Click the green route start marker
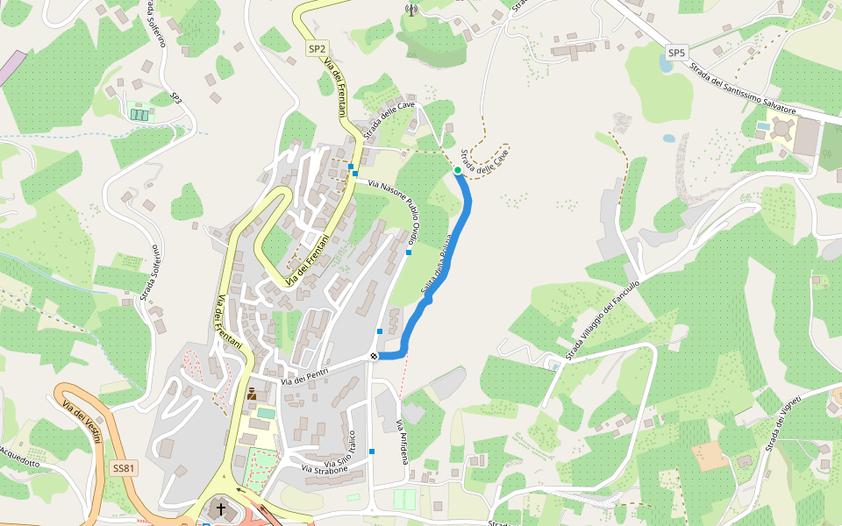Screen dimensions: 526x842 point(458,170)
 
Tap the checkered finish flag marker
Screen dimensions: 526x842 point(375,355)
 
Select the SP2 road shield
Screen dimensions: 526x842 point(317,49)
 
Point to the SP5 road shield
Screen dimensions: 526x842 point(675,53)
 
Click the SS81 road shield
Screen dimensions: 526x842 point(124,468)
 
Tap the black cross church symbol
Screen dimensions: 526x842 point(221,509)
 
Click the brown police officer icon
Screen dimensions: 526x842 point(252,394)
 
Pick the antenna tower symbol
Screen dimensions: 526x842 point(410,11)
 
